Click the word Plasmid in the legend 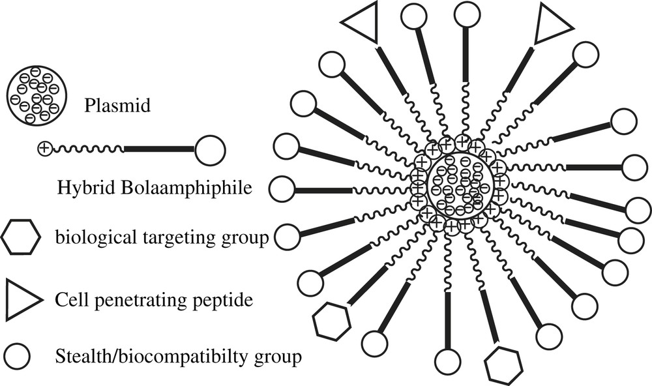[x=117, y=105]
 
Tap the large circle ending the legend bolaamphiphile [x=210, y=151]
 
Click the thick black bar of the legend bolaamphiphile [x=159, y=149]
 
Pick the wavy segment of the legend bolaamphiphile [x=87, y=149]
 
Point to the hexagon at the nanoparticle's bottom [x=504, y=366]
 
